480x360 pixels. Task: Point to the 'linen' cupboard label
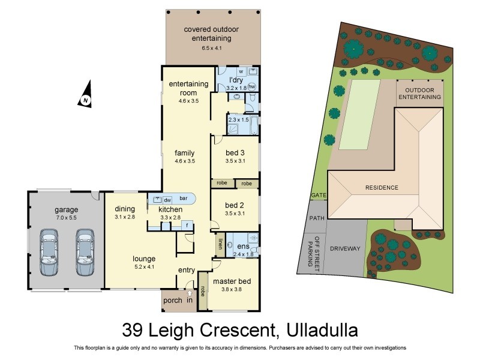221,244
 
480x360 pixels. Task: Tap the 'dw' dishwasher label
168,200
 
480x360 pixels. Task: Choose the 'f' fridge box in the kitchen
187,226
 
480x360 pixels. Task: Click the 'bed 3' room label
236,153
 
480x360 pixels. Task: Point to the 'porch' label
172,301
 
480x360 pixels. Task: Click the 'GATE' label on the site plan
317,196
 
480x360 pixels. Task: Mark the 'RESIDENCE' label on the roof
382,188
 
